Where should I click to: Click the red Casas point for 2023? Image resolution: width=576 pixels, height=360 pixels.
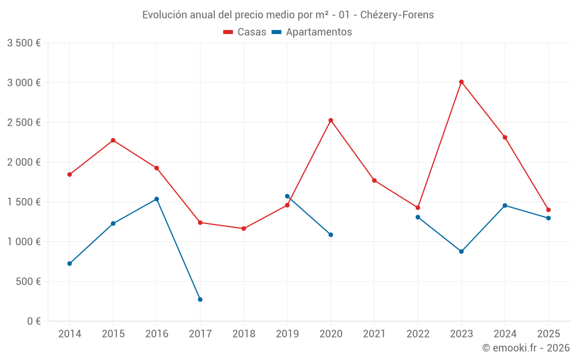point(461,82)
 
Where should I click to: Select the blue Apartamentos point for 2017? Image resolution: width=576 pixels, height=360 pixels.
point(200,300)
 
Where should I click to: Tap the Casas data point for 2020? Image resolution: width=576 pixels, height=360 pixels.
point(331,120)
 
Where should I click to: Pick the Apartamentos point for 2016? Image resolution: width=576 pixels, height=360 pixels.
point(157,199)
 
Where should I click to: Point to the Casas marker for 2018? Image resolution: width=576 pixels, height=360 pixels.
point(244,229)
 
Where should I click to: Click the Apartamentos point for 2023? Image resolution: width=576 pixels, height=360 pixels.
point(461,252)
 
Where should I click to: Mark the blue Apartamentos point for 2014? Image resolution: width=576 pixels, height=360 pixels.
point(70,264)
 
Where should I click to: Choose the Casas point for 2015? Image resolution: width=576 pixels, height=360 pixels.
point(113,141)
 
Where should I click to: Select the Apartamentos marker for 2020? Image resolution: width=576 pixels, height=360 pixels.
point(331,235)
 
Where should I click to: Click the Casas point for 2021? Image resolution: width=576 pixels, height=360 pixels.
point(374,180)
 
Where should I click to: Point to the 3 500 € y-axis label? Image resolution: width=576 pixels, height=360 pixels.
point(24,43)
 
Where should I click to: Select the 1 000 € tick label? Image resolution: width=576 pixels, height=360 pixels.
point(24,242)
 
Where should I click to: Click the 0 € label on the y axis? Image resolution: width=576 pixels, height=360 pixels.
point(33,321)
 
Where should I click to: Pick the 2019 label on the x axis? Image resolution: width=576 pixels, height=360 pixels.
point(287,334)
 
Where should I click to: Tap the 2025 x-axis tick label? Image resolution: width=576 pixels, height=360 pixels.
point(548,334)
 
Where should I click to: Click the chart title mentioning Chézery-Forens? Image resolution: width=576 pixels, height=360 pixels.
point(288,15)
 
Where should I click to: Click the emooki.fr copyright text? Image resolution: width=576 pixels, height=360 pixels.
point(525,348)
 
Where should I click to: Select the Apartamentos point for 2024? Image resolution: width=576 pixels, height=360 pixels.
point(505,206)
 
